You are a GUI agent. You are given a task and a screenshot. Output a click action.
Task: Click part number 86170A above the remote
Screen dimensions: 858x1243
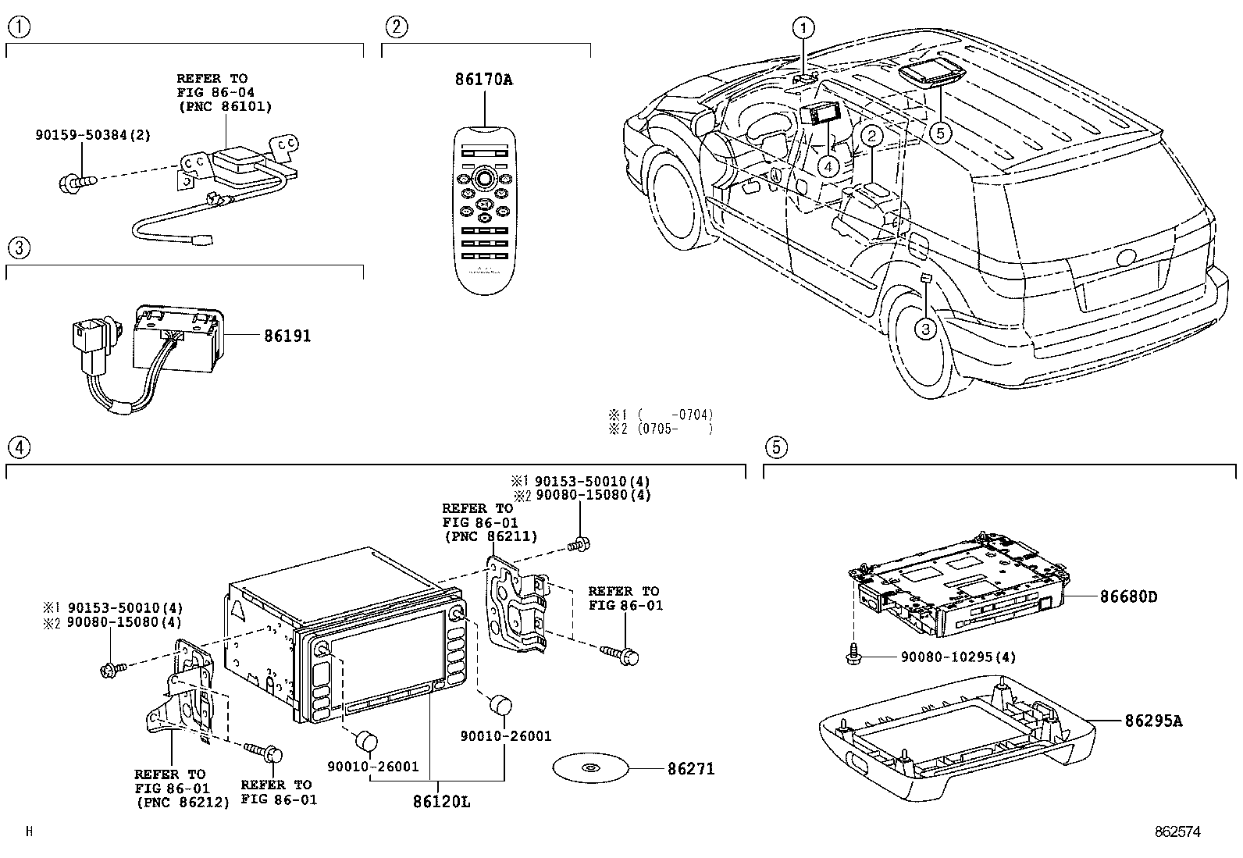coord(483,80)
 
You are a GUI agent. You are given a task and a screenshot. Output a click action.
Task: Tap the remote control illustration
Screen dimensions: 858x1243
coord(484,211)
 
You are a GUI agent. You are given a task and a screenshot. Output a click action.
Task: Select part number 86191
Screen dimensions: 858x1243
coord(287,336)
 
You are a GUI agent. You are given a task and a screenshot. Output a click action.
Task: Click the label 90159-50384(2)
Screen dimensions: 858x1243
coord(92,135)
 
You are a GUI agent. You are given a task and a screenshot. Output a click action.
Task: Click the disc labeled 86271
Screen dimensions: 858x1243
coord(590,768)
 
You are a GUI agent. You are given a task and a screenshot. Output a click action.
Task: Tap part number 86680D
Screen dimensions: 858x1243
coord(1127,597)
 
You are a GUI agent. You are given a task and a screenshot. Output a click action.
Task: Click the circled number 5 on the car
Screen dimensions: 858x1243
coord(940,133)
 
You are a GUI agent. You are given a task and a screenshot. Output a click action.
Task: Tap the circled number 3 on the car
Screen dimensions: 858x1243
coord(925,329)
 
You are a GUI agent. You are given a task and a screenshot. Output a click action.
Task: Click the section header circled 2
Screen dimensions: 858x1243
coord(397,27)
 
